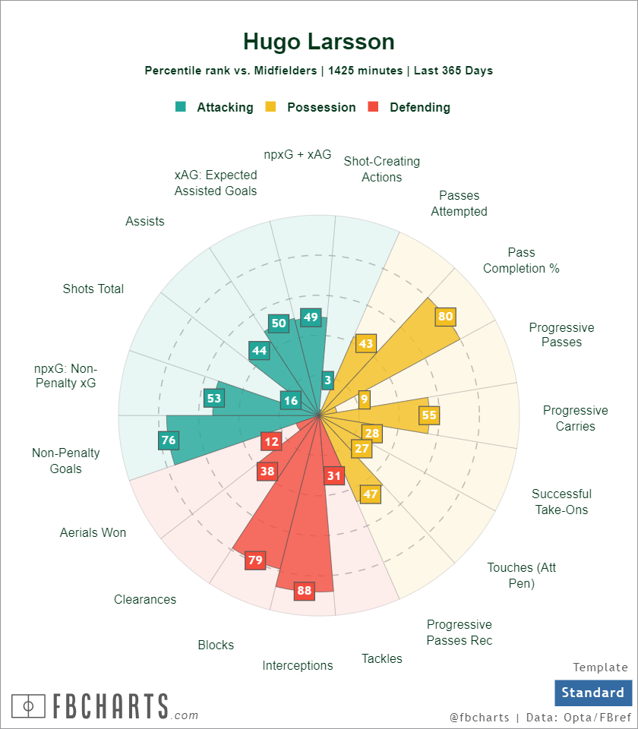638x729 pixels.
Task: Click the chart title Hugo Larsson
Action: [319, 41]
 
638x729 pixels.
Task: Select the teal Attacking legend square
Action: [180, 107]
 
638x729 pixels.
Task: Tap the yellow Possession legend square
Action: [270, 107]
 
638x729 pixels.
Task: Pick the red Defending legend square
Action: [373, 107]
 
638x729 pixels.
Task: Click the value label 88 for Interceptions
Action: [305, 590]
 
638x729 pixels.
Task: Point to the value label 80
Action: [445, 317]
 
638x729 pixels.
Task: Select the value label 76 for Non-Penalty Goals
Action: [168, 440]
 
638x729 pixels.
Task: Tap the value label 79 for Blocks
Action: [255, 560]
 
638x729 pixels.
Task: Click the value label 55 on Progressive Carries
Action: [429, 415]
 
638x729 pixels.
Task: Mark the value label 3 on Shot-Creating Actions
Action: [327, 380]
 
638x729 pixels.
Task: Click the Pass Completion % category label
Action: [521, 260]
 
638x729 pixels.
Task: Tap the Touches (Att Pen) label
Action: [521, 575]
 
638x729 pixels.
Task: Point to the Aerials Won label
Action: [93, 532]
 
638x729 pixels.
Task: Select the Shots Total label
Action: [93, 289]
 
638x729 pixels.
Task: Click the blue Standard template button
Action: [592, 693]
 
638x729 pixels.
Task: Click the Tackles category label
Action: [382, 658]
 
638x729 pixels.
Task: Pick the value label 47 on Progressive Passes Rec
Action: [370, 494]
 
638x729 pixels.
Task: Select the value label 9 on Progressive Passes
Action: [365, 399]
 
